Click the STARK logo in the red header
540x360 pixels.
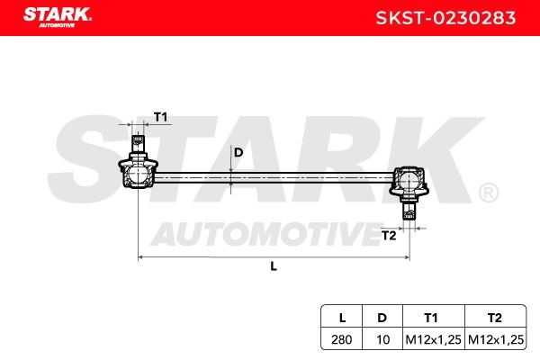(58, 17)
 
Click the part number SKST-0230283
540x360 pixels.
(445, 18)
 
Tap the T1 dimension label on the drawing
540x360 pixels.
(160, 117)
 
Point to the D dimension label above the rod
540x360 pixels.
(238, 152)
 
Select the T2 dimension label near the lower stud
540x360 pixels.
(389, 236)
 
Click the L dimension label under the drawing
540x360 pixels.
(274, 266)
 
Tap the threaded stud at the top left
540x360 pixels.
(138, 143)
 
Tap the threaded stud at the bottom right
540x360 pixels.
(409, 211)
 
